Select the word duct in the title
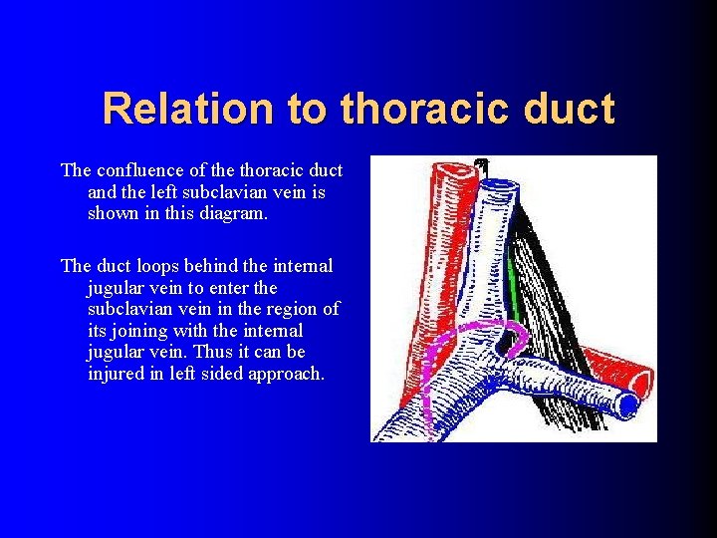click(571, 109)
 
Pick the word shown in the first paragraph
click(114, 213)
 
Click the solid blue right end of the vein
click(627, 403)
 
